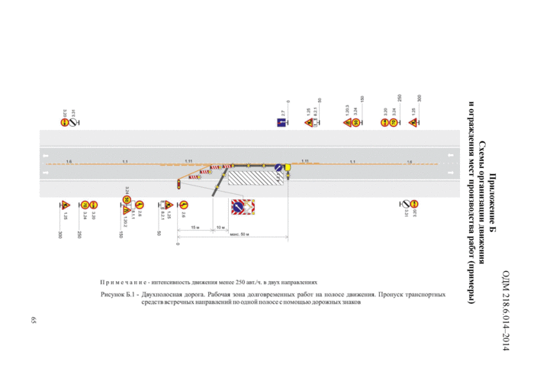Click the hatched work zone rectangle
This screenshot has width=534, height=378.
(253, 176)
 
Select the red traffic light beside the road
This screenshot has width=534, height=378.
(178, 183)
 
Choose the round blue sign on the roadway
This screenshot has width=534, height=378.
(279, 169)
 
